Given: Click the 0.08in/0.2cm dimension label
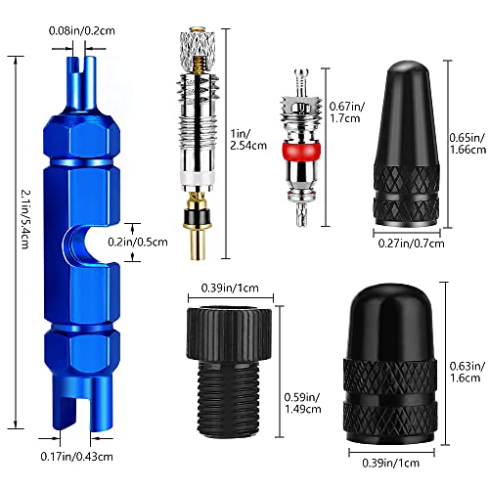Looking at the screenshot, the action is tap(82, 31).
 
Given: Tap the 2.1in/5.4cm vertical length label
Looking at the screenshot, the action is tap(25, 219).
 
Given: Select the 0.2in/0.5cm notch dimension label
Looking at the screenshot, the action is tap(138, 243).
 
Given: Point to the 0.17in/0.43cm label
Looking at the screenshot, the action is tap(76, 457).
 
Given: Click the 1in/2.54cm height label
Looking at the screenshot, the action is tap(248, 140).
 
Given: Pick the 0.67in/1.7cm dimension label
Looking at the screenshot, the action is tap(347, 111).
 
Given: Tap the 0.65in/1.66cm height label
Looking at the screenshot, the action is tap(467, 143).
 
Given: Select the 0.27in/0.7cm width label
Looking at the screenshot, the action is tap(411, 244).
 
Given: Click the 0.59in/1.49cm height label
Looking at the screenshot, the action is tap(302, 403).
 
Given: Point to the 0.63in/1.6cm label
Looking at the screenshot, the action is tap(467, 372).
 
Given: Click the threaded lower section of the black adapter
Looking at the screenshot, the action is tap(229, 398).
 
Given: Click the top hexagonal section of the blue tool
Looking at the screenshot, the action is tap(81, 136).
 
